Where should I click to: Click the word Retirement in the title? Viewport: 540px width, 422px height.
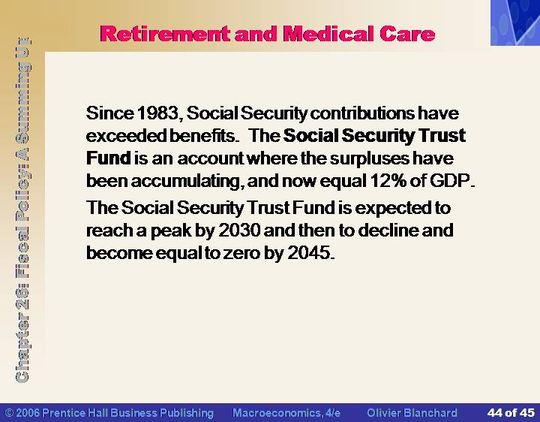tap(165, 34)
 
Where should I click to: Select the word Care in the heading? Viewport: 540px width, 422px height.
tap(408, 34)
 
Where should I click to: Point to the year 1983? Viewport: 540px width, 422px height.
tap(157, 113)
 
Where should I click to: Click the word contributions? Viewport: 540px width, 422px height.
tap(362, 113)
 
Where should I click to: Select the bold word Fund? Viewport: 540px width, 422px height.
tap(109, 158)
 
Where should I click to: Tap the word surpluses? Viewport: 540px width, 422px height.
tap(369, 159)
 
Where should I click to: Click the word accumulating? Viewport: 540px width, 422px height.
tap(186, 182)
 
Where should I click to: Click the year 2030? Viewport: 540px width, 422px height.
tap(239, 231)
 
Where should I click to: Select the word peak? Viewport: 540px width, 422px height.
tap(171, 231)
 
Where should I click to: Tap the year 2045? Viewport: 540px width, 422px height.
tap(308, 253)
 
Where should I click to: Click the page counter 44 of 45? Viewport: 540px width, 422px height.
tap(511, 413)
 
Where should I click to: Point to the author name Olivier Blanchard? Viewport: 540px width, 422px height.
tap(412, 413)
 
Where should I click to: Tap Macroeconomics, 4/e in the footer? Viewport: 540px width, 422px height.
tap(286, 413)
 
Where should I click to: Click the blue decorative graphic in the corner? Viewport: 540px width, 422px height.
tap(515, 23)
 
